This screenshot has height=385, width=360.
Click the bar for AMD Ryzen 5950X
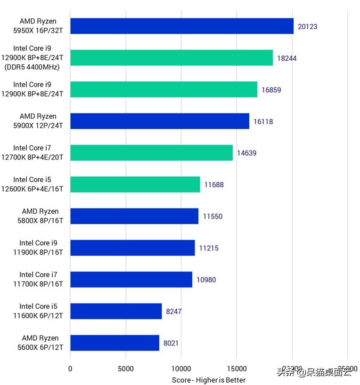[x=181, y=26]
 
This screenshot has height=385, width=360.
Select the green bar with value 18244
[x=172, y=58]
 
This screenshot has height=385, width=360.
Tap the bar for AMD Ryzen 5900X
[x=160, y=121]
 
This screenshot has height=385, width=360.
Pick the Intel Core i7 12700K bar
[x=151, y=152]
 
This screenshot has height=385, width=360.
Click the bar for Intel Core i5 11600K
[x=116, y=311]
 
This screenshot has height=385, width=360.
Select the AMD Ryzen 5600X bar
[x=115, y=343]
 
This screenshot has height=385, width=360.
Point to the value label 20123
[x=307, y=26]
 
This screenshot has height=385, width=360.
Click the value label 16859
[x=271, y=89]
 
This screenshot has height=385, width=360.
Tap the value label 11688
[x=213, y=184]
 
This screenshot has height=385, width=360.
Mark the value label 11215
[x=208, y=248]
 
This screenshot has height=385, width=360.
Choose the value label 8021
[x=171, y=343]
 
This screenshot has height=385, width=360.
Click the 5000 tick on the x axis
[x=126, y=369]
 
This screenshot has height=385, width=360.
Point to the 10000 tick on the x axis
[x=181, y=369]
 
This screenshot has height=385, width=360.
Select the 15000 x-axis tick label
[x=237, y=369]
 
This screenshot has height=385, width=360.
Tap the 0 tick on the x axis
[x=70, y=369]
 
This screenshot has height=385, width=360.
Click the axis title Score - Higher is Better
[x=208, y=380]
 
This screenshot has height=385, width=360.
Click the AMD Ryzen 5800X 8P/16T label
[x=40, y=216]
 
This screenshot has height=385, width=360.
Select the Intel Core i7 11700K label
[x=41, y=279]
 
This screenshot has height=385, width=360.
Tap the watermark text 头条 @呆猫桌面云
[x=314, y=373]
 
